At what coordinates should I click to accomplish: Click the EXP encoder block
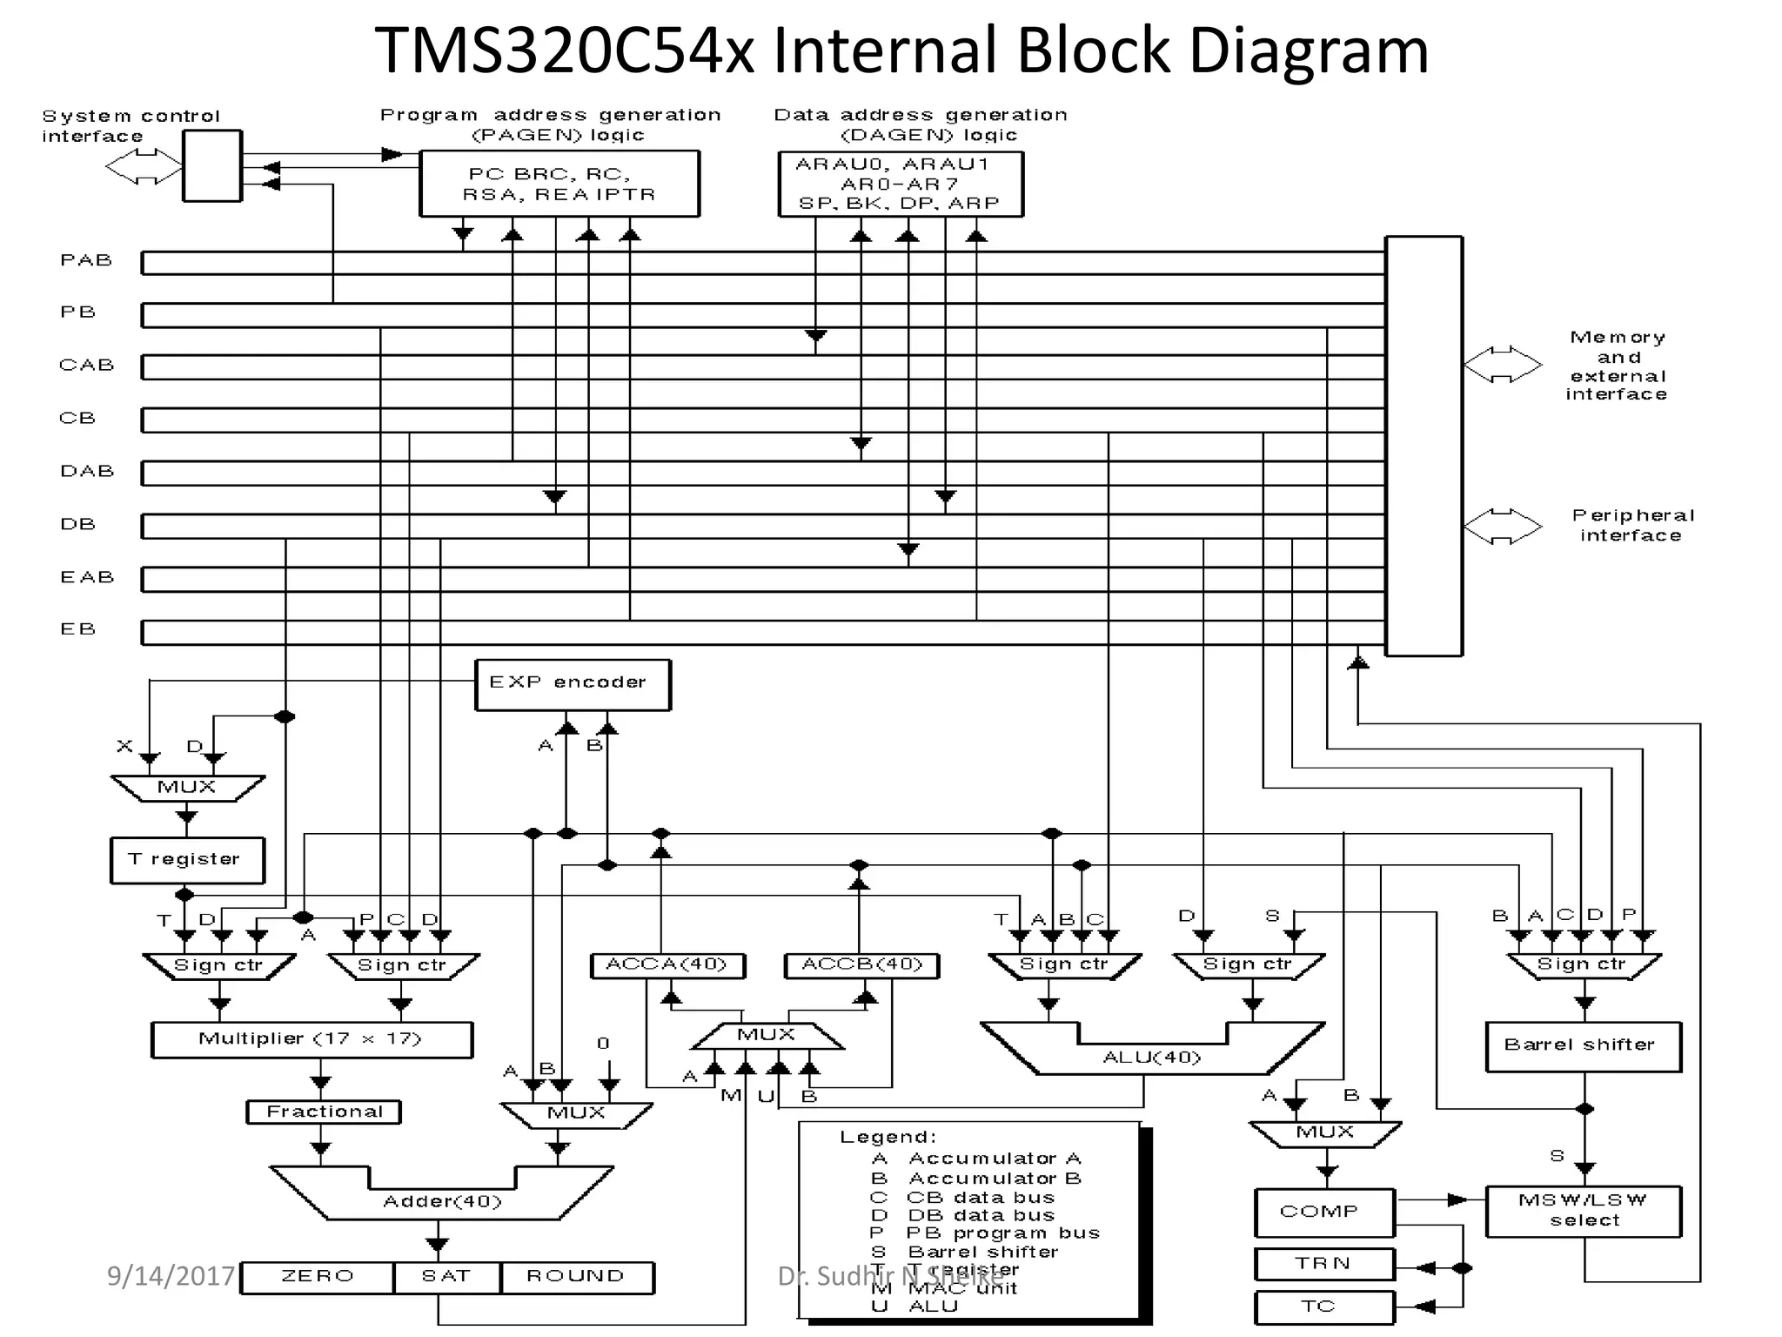573,684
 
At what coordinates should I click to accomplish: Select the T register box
187,860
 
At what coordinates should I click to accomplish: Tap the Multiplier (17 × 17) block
312,1039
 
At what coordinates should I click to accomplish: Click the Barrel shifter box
1583,1046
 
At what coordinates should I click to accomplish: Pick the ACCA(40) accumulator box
667,965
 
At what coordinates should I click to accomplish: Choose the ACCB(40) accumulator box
861,965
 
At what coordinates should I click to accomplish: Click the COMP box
1323,1213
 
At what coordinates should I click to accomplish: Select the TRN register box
1323,1264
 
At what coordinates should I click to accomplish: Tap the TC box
1323,1307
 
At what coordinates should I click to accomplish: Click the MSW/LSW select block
1583,1211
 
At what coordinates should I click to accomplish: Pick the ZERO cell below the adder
318,1277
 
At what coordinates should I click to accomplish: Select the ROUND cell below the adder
576,1277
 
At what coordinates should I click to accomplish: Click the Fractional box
324,1112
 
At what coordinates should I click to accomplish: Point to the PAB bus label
86,260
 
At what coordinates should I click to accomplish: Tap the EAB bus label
87,577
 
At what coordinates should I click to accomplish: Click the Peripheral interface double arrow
1503,526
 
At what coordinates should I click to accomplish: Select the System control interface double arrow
144,166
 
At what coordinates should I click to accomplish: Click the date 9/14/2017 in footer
171,1276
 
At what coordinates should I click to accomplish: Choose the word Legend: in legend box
888,1138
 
